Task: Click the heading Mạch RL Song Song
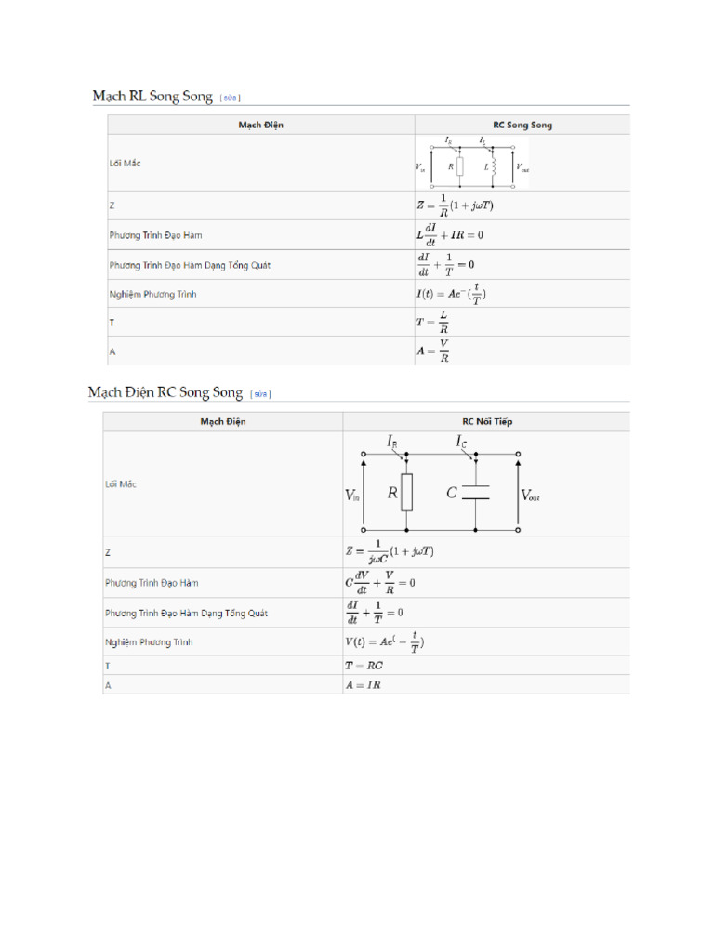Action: [152, 96]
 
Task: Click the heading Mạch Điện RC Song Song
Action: [165, 392]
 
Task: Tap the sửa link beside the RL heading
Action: [231, 97]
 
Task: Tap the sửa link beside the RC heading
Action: [260, 393]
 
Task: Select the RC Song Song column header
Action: [522, 125]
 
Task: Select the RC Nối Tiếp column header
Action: [487, 421]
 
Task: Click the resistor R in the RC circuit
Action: [407, 493]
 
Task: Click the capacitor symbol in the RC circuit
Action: [476, 493]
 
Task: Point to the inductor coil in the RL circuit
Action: [494, 166]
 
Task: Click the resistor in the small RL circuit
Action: [459, 166]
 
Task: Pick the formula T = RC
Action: [364, 666]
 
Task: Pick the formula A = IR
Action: [363, 684]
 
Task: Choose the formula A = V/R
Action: [434, 350]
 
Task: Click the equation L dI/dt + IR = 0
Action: [449, 234]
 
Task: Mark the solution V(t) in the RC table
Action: [385, 641]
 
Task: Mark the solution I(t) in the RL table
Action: [451, 294]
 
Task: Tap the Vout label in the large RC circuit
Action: [531, 496]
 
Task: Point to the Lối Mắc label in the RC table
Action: [122, 484]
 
